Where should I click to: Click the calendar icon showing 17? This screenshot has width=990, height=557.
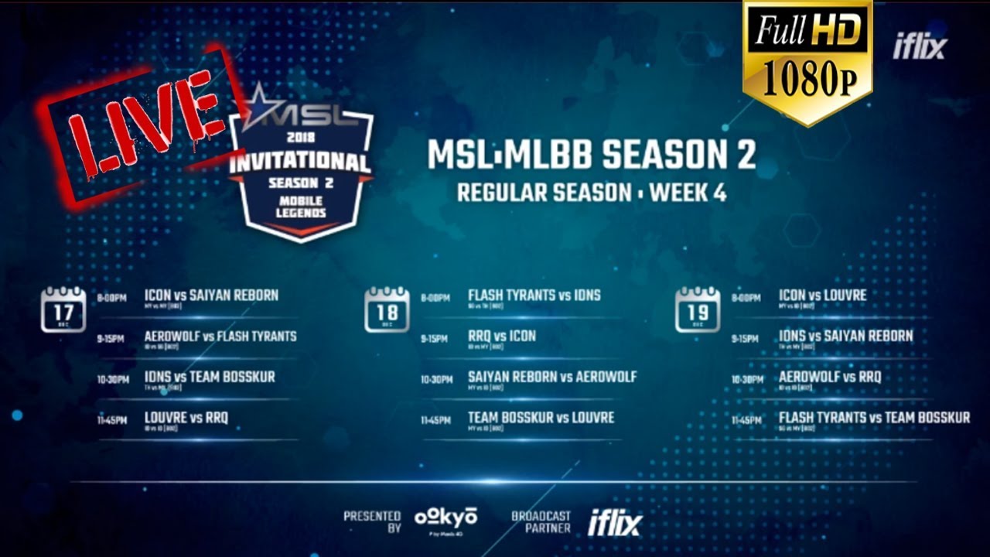[x=63, y=309]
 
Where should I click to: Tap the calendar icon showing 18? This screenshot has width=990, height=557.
[x=387, y=309]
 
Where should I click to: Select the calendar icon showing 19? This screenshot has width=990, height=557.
[x=698, y=309]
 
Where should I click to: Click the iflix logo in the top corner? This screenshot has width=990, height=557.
[x=920, y=47]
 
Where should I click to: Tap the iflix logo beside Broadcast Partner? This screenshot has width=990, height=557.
[x=615, y=524]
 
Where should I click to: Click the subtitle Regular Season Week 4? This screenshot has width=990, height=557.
[x=592, y=193]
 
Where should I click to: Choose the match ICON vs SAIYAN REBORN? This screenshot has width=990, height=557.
[x=211, y=296]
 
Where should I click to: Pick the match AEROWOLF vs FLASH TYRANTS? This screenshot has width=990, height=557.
[x=220, y=337]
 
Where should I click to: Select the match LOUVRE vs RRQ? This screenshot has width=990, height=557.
[x=186, y=418]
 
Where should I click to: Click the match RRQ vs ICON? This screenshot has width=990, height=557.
[x=502, y=337]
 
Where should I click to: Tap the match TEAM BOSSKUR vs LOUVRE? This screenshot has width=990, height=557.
[x=541, y=418]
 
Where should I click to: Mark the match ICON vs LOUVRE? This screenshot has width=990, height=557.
[x=822, y=296]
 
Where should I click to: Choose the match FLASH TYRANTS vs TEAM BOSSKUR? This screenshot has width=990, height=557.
[x=874, y=418]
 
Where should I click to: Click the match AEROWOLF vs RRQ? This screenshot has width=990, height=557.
[x=830, y=378]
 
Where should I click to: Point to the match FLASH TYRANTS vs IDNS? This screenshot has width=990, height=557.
[x=534, y=296]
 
